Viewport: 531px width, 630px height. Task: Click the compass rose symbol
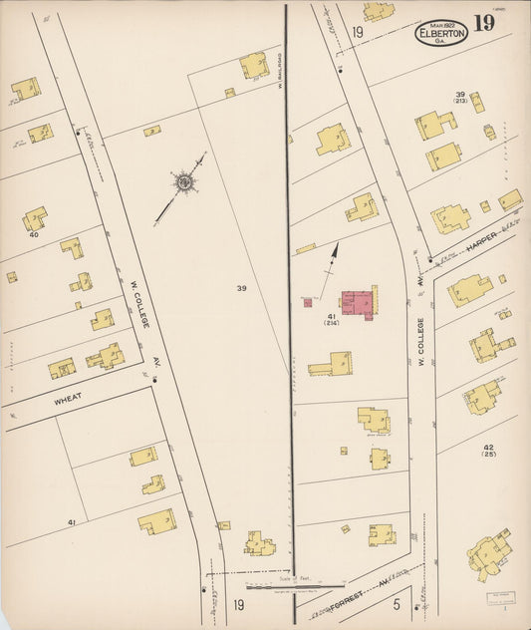(183, 182)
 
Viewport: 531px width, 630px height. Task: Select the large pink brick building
(359, 302)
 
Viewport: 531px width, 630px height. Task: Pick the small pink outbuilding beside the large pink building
(308, 302)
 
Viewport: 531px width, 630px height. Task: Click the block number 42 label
(488, 449)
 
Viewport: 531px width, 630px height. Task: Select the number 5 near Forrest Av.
(397, 604)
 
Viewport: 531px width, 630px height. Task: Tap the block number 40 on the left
(33, 235)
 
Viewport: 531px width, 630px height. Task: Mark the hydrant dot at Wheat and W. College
(155, 379)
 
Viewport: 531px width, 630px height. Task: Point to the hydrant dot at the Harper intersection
(430, 260)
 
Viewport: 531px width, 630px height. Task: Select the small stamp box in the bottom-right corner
(502, 597)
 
